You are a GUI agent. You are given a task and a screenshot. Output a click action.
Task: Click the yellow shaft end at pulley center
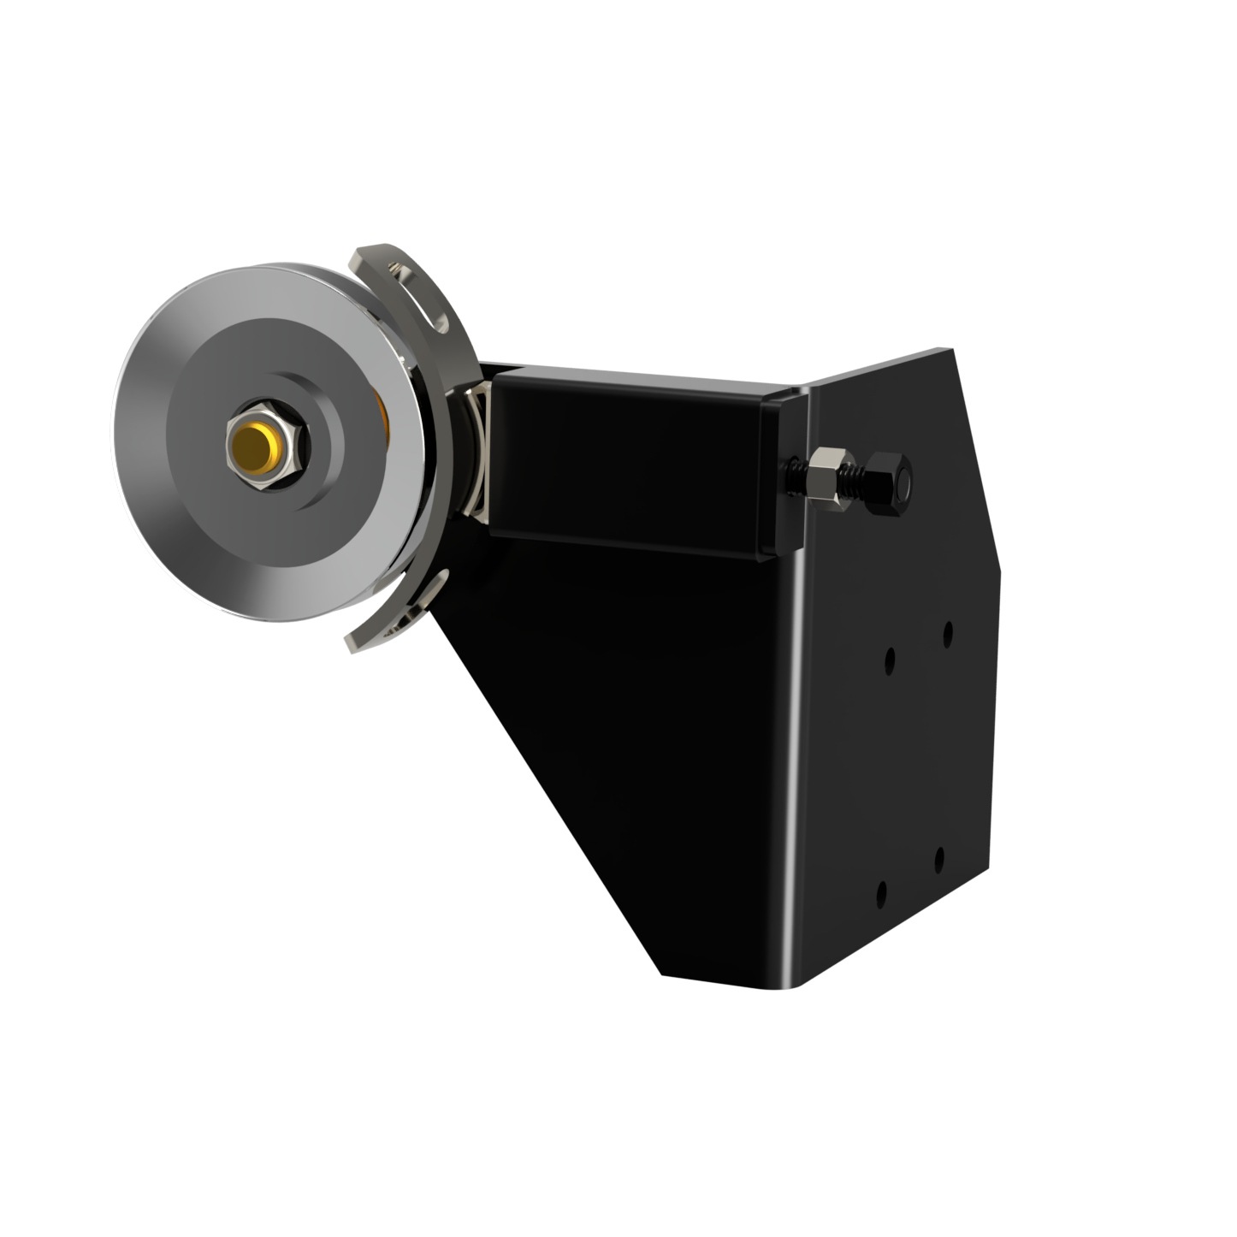[254, 442]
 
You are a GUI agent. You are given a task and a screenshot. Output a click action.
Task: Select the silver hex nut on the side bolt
[829, 479]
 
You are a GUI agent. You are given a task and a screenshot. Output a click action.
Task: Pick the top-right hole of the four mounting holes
[948, 635]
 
